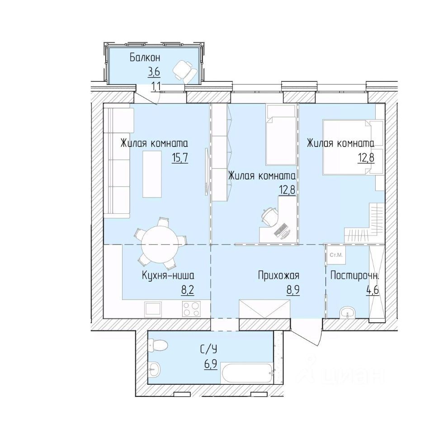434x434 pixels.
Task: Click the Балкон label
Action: coord(145,58)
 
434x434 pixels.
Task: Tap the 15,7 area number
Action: coord(180,158)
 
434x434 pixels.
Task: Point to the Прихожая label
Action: coord(278,275)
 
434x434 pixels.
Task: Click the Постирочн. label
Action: coord(354,275)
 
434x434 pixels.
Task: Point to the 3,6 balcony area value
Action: coord(154,72)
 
